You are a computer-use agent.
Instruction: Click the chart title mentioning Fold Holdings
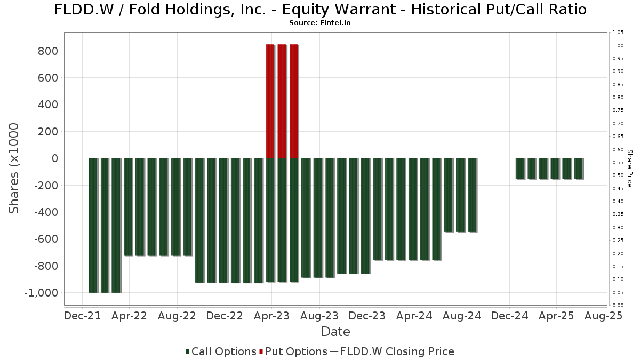pyautogui.click(x=320, y=10)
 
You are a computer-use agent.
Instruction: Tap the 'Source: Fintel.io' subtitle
pyautogui.click(x=319, y=23)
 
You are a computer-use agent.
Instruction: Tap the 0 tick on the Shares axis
pyautogui.click(x=53, y=158)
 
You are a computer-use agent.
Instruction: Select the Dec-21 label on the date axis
pyautogui.click(x=83, y=316)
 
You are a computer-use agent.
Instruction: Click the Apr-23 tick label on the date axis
pyautogui.click(x=272, y=316)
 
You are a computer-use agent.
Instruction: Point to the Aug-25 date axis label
pyautogui.click(x=604, y=316)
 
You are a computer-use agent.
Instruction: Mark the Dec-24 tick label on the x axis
pyautogui.click(x=509, y=316)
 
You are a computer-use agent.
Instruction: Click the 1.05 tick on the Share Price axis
pyautogui.click(x=618, y=33)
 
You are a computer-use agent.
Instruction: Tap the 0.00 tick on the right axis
pyautogui.click(x=618, y=305)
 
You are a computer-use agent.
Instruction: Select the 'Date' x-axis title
pyautogui.click(x=335, y=332)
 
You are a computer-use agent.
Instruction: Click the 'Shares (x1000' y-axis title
pyautogui.click(x=14, y=168)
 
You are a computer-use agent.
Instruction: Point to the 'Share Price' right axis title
pyautogui.click(x=629, y=168)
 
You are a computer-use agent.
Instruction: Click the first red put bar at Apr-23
pyautogui.click(x=270, y=101)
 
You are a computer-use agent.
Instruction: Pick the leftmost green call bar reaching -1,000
pyautogui.click(x=93, y=225)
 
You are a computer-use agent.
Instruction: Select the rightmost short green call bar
pyautogui.click(x=578, y=169)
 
